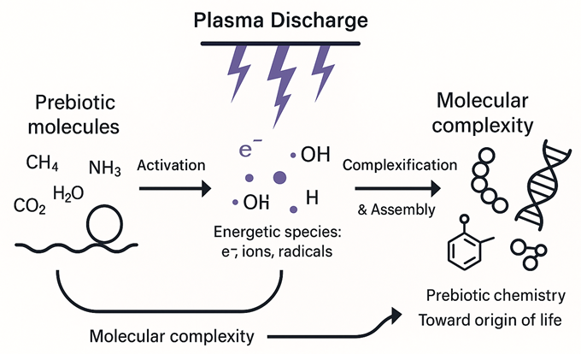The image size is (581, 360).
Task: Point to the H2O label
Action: (x=68, y=193)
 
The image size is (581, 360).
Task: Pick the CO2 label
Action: (x=30, y=206)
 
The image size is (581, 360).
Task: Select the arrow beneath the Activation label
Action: (x=176, y=188)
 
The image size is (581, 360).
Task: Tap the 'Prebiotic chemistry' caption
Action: (x=496, y=296)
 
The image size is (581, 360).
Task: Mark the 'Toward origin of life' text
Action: (x=496, y=321)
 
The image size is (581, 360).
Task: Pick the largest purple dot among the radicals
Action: (x=279, y=178)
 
